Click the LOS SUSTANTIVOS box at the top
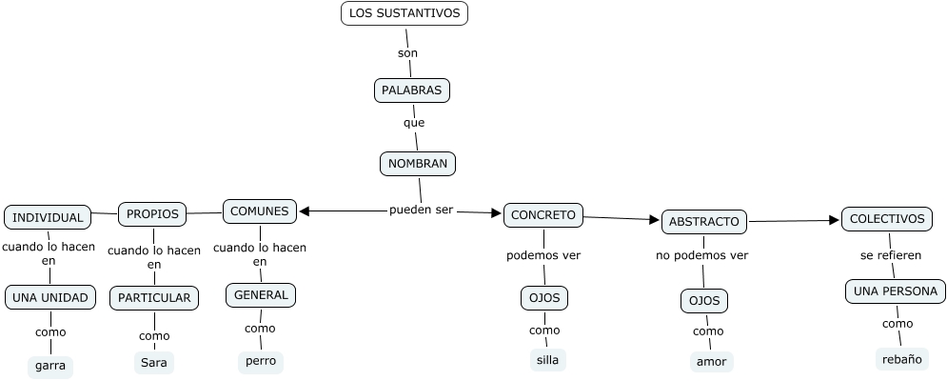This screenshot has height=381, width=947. point(404,13)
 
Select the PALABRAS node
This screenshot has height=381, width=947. point(411,90)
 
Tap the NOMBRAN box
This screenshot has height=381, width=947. point(417,163)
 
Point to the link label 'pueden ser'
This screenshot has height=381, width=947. point(422,210)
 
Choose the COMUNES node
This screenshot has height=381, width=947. point(260,211)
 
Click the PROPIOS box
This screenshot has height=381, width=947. point(152,213)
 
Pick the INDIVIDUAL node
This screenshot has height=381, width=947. point(49,217)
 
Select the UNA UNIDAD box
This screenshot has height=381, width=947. point(50,297)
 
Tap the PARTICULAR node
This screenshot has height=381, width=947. point(154,297)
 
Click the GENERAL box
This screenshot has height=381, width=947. point(261,295)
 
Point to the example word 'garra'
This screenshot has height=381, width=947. point(50,365)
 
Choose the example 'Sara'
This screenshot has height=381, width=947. point(154,363)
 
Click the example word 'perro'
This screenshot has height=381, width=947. point(260,361)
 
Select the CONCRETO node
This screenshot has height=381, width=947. point(543,215)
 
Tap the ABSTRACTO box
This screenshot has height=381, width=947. point(704,222)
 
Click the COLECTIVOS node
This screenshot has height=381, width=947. point(887,219)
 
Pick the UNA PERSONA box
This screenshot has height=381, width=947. point(896,291)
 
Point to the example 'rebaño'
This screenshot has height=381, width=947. point(900,359)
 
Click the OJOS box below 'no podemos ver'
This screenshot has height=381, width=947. point(704,301)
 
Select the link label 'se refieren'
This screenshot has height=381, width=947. point(891,255)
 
